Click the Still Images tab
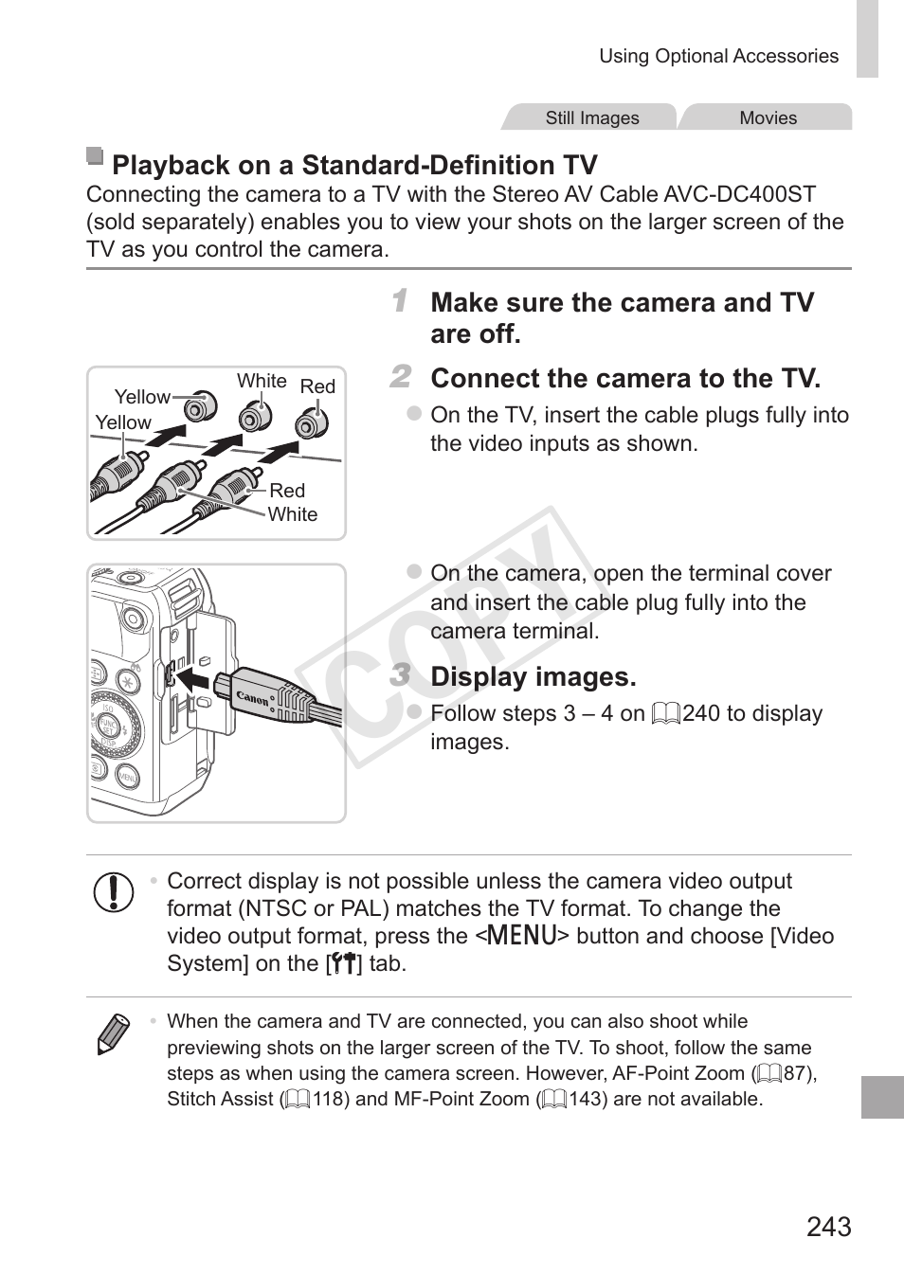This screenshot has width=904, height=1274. click(x=591, y=117)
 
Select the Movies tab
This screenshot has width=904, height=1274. click(x=768, y=117)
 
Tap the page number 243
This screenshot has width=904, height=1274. click(x=828, y=1227)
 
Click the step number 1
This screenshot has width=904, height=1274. click(x=401, y=301)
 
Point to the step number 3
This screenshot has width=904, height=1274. click(x=401, y=675)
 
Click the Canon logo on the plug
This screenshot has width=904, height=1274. click(x=253, y=699)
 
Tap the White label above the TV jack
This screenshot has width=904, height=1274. click(x=262, y=381)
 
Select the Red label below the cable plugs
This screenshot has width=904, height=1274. click(x=287, y=491)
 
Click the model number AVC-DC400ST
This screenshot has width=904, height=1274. click(x=739, y=195)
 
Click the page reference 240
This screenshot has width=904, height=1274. click(x=700, y=713)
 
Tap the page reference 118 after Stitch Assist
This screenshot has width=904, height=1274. click(x=331, y=1099)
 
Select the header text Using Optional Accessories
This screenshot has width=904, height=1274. click(x=718, y=57)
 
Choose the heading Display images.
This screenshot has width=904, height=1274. click(x=533, y=676)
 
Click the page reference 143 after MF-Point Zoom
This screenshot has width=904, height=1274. click(x=587, y=1099)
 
